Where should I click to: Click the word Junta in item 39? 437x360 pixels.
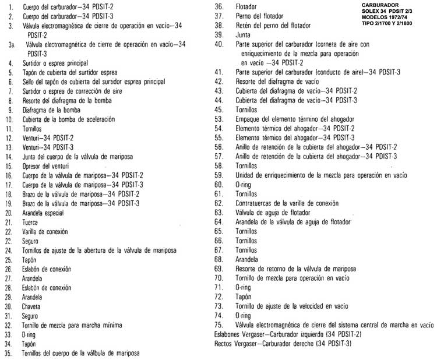243,34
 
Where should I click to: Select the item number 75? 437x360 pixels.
220,324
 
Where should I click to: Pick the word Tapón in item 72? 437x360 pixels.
244,297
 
